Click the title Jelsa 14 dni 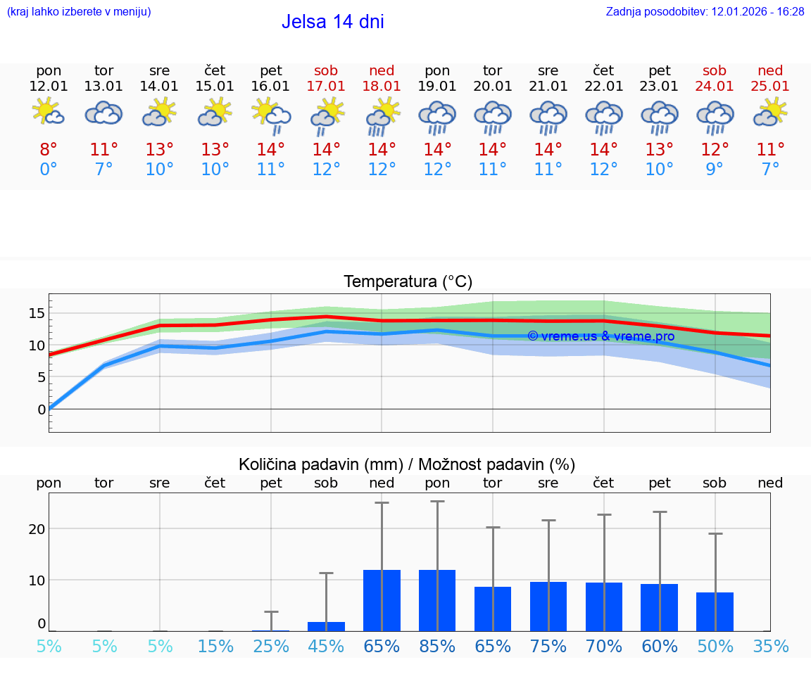tap(332, 22)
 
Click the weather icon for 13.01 tap(104, 113)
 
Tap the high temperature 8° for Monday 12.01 tap(49, 150)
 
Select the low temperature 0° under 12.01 tap(49, 169)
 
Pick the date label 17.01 tap(326, 87)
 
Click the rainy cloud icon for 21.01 tap(548, 117)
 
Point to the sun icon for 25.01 tap(770, 113)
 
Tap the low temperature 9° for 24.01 tap(715, 169)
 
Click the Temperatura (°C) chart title tap(408, 282)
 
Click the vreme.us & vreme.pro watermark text tap(601, 336)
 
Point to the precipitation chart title tap(407, 464)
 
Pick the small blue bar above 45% tap(326, 626)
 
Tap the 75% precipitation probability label tap(548, 647)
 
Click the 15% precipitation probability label tap(215, 647)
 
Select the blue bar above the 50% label tap(715, 611)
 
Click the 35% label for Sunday tap(770, 647)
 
